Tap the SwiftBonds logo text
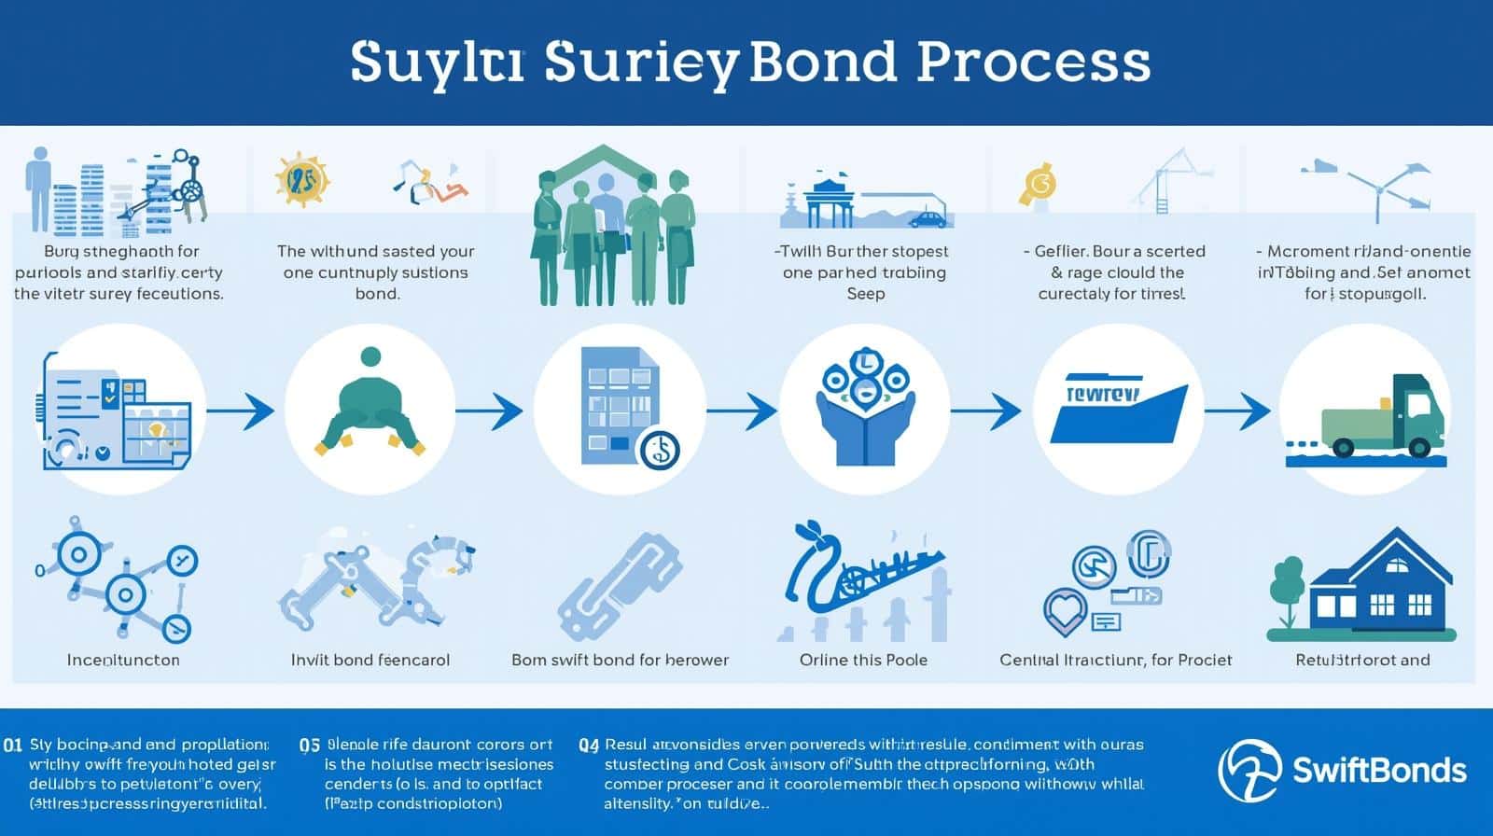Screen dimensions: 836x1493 click(x=1378, y=770)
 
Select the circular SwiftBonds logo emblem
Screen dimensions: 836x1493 click(x=1250, y=770)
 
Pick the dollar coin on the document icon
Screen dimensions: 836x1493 click(x=659, y=450)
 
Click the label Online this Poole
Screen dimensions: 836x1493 click(x=863, y=660)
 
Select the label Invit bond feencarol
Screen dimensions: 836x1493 click(x=370, y=660)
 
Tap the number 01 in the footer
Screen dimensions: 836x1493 click(x=13, y=745)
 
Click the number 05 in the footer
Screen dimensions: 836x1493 click(x=310, y=745)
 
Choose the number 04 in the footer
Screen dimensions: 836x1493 click(x=588, y=745)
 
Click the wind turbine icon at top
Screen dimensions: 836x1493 click(x=1377, y=187)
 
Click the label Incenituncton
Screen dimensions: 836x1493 click(x=123, y=660)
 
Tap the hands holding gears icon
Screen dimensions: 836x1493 click(x=864, y=411)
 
